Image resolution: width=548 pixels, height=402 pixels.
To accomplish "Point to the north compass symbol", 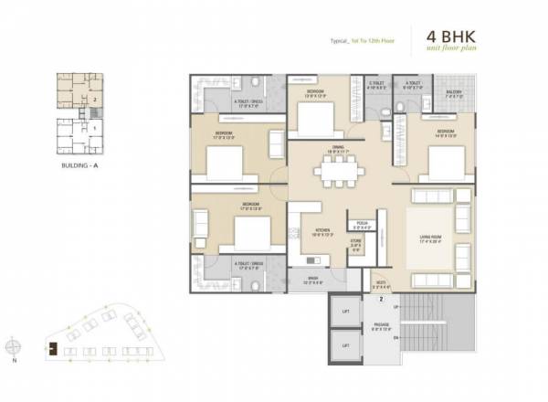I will (12, 348).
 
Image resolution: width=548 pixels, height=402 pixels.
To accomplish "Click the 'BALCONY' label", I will (454, 91).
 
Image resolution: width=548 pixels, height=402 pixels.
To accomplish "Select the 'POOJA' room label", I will (361, 223).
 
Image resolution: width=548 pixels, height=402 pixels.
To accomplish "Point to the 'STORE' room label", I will (356, 243).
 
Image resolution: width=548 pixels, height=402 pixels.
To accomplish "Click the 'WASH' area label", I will (313, 280).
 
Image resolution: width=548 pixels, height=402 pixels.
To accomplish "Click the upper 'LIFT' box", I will (345, 312).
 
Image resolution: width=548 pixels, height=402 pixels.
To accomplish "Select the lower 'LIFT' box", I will (345, 345).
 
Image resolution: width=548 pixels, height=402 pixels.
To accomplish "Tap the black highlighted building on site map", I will (53, 346).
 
